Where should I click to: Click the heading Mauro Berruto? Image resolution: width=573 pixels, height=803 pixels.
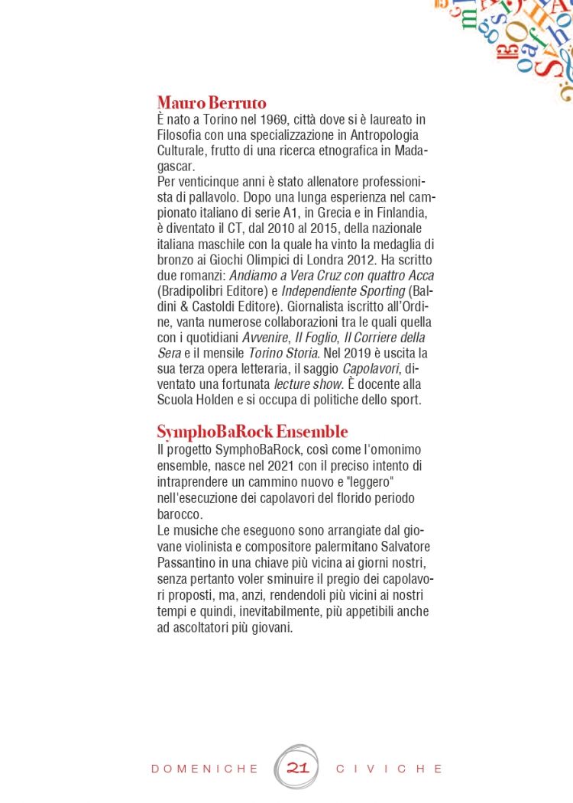click(x=211, y=102)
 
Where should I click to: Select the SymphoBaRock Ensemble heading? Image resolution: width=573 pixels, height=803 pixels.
click(x=252, y=432)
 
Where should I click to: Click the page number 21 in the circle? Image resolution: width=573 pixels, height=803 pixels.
click(x=297, y=768)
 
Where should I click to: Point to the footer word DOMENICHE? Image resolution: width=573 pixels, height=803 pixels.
click(x=205, y=769)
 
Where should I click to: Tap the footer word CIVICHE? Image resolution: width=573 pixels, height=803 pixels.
click(x=390, y=769)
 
